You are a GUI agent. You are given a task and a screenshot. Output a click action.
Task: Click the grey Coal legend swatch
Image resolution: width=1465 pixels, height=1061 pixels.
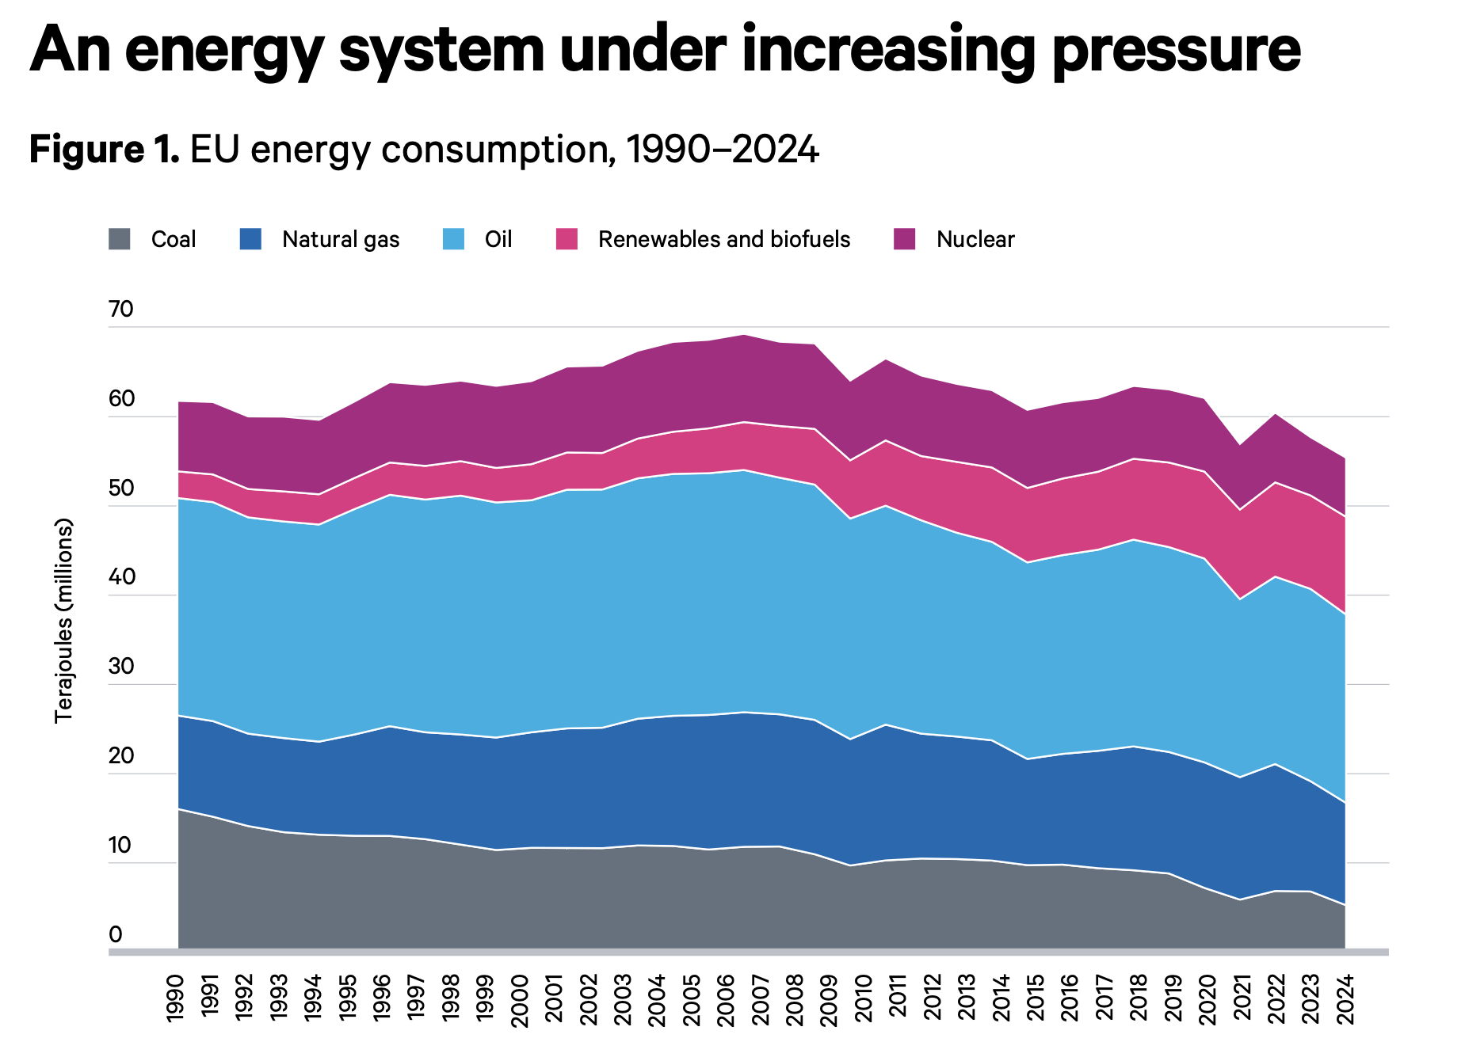(120, 239)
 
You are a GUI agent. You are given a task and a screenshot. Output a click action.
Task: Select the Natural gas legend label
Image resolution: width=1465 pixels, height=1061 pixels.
(341, 239)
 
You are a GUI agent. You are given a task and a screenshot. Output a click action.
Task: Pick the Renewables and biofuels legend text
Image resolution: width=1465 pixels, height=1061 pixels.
(723, 239)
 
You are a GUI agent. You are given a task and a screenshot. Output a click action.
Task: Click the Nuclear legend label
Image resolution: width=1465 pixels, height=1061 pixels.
(975, 239)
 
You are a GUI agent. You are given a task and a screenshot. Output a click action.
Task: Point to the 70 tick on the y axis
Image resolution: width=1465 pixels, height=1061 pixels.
(121, 309)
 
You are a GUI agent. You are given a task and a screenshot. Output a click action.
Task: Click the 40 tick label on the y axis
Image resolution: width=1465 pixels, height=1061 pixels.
(121, 576)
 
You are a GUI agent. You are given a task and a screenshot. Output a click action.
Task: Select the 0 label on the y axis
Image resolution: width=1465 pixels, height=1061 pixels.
(116, 934)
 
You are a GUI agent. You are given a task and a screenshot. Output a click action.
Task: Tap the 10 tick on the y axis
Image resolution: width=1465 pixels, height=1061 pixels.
(120, 845)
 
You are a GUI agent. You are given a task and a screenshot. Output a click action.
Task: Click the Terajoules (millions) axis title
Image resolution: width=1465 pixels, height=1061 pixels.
(63, 621)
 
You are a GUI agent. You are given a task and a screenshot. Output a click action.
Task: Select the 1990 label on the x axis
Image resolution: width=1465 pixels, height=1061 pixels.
(176, 999)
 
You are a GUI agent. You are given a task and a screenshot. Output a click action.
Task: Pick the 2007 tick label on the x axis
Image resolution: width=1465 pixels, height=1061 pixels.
(761, 999)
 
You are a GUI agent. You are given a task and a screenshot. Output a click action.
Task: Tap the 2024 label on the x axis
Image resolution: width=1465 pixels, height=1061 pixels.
(1345, 999)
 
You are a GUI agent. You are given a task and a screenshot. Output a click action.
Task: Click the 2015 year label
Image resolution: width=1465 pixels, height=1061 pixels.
(1036, 999)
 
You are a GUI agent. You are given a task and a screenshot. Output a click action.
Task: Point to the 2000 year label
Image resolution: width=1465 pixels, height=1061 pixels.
(520, 999)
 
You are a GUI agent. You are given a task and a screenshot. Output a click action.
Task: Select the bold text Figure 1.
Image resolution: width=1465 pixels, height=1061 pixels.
(105, 149)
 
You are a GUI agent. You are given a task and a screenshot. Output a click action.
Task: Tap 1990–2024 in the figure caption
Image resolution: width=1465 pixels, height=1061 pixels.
(722, 149)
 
